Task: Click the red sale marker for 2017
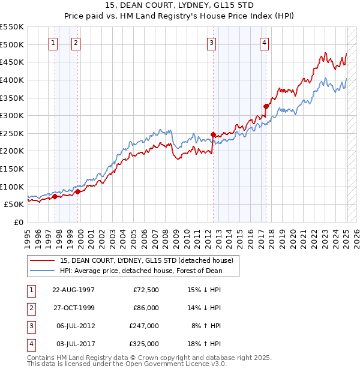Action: tap(266, 106)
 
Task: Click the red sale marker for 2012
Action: tap(213, 134)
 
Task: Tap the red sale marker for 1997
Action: tap(55, 196)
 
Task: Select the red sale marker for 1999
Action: tap(77, 191)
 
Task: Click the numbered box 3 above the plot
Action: tap(212, 43)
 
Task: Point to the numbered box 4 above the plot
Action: tap(265, 43)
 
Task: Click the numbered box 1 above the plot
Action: tap(53, 43)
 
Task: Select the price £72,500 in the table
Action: tap(146, 290)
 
